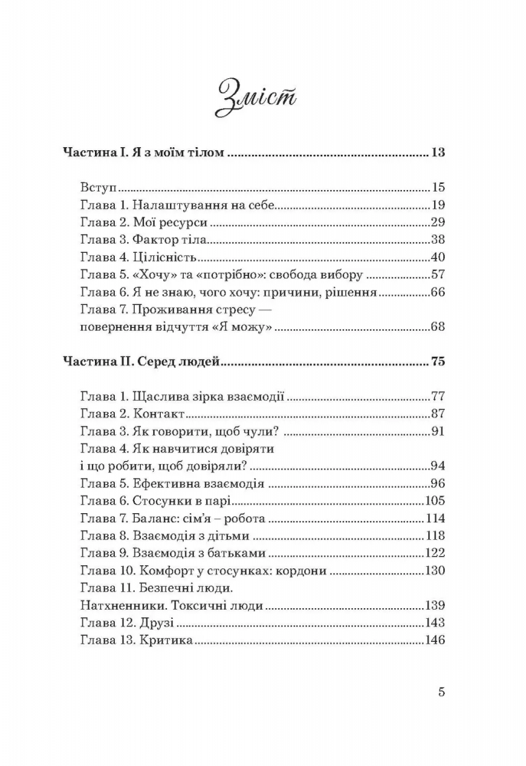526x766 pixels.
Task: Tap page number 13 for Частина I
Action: (x=438, y=153)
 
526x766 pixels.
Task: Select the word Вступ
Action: (x=96, y=188)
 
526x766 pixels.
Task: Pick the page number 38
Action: (x=438, y=240)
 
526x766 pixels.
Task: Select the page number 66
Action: (x=438, y=293)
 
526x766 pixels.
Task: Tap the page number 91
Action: (x=438, y=432)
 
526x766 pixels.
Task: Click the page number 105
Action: (x=434, y=502)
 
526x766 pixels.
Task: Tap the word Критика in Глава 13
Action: (x=166, y=641)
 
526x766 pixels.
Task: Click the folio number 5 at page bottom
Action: (x=441, y=693)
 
